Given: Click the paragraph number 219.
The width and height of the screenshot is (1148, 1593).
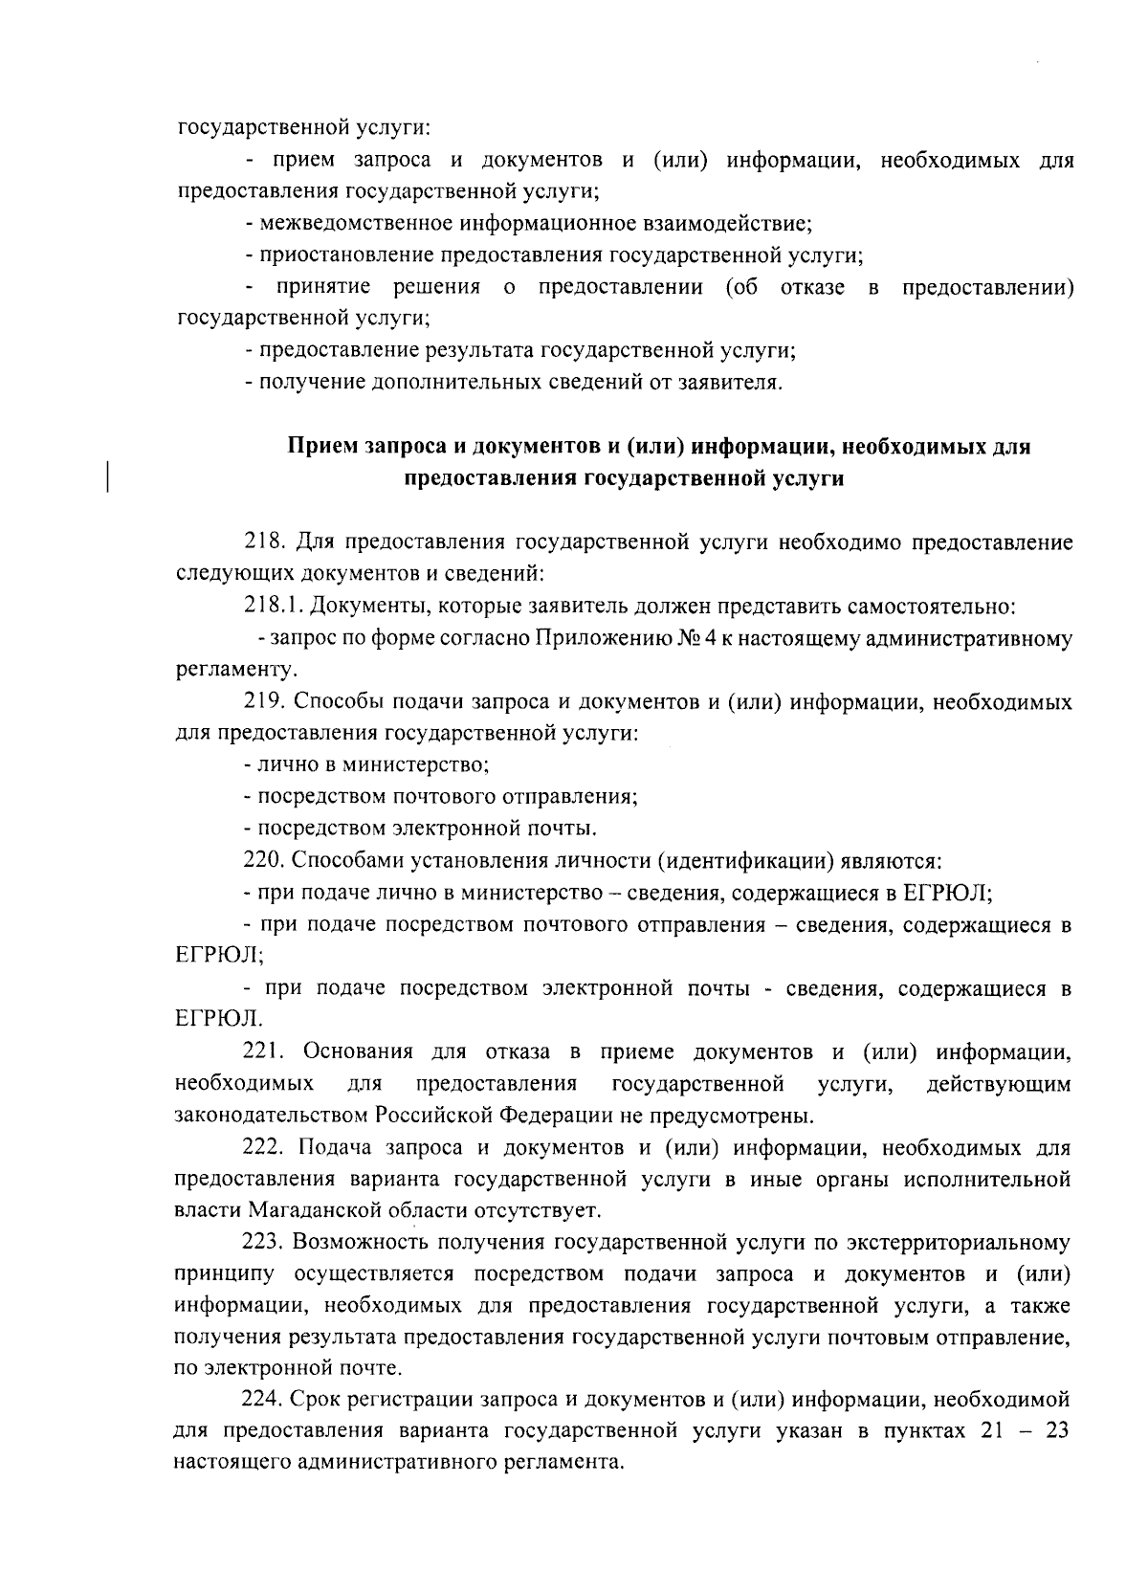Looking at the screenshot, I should (x=263, y=702).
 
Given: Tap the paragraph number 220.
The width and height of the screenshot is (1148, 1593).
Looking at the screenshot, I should (x=263, y=860).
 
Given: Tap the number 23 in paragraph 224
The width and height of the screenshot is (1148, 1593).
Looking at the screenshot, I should (x=1056, y=1432).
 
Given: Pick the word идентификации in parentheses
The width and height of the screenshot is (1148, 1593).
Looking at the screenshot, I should (x=746, y=860).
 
